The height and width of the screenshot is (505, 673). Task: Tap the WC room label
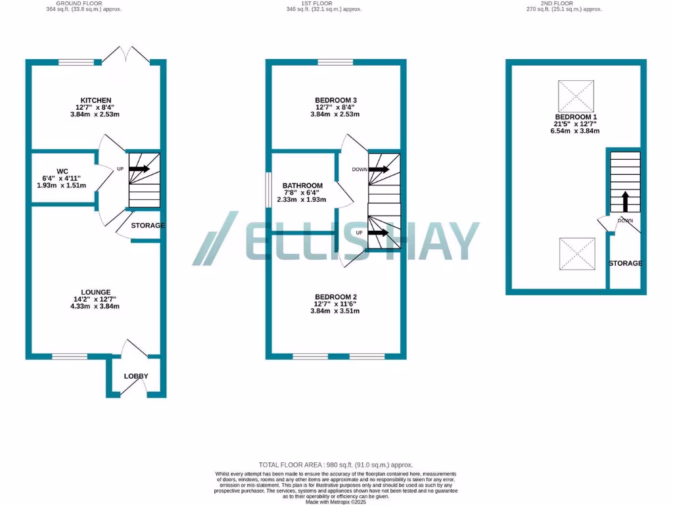click(62, 171)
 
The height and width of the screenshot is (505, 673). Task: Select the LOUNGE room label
click(96, 292)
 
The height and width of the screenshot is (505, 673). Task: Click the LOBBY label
click(136, 376)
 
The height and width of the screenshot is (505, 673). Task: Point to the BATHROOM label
click(303, 185)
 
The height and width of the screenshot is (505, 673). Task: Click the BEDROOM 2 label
click(335, 296)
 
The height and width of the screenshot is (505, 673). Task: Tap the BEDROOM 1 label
click(575, 116)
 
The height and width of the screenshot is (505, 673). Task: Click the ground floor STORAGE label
click(147, 226)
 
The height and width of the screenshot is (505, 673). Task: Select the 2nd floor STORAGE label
click(624, 263)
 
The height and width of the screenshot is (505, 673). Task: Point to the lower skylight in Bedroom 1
click(576, 254)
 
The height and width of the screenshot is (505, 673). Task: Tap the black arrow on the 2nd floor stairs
click(624, 199)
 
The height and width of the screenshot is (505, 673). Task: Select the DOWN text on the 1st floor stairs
click(360, 169)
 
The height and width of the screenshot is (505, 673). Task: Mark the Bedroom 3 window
click(335, 62)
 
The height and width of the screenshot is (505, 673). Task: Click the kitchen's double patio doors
click(129, 56)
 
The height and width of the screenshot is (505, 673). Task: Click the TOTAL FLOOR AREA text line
click(336, 464)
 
